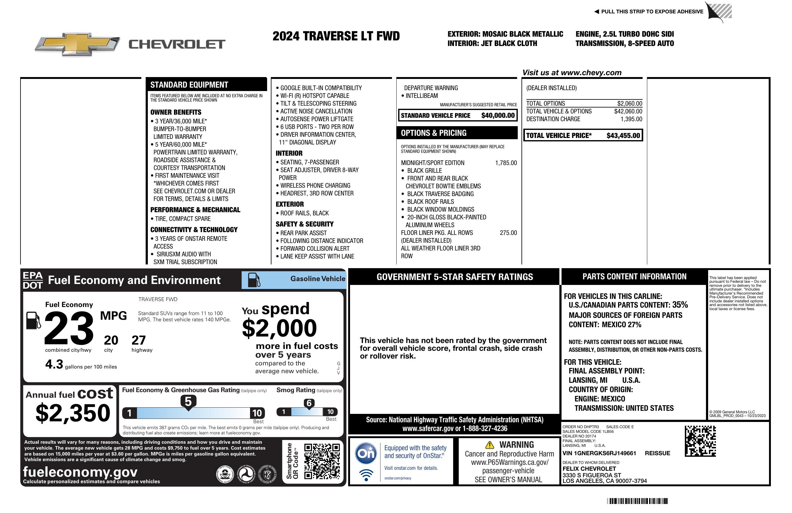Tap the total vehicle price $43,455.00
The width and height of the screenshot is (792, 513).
coord(623,135)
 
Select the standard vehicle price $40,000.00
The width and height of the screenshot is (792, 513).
coord(498,116)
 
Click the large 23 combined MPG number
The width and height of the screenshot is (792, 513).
coord(69,328)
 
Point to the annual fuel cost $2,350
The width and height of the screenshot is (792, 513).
coord(73,413)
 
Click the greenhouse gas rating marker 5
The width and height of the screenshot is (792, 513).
coord(188,402)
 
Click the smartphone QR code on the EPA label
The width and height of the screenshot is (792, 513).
coord(322,461)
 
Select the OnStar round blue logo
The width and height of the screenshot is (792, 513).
coord(366,453)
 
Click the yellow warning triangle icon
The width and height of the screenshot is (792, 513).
coord(489,445)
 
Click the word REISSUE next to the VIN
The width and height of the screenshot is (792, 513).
coord(657,453)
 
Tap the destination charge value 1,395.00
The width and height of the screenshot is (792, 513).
coord(631,119)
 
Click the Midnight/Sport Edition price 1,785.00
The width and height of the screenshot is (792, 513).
coord(506,163)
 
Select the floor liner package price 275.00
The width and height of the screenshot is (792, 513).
coord(508,233)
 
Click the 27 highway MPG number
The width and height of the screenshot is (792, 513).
coord(139,340)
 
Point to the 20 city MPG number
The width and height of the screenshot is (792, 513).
coord(111,340)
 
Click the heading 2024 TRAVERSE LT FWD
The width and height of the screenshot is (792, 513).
coord(336,36)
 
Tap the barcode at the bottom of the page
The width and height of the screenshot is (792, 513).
coord(637,501)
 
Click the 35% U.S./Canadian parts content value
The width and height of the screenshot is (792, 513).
coord(680,305)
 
